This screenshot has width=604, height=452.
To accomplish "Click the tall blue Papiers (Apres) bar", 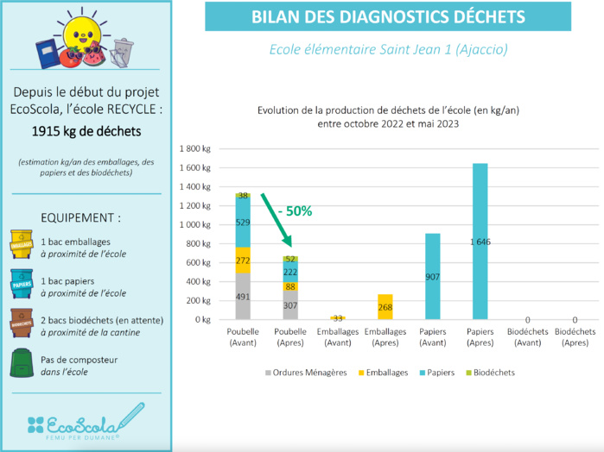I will click(x=480, y=242).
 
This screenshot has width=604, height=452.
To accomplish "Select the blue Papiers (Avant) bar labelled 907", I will click(x=432, y=276).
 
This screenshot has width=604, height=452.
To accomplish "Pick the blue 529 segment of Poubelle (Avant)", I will click(x=243, y=223).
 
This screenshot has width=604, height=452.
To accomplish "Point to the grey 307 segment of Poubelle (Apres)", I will click(x=290, y=304).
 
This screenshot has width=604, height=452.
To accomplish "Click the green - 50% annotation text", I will click(x=296, y=210).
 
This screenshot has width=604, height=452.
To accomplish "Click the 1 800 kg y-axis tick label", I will click(x=194, y=148).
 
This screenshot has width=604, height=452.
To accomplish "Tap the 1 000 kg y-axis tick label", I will click(x=194, y=224).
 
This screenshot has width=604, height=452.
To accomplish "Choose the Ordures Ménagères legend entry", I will click(x=302, y=373).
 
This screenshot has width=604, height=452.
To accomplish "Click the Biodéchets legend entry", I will click(x=490, y=373).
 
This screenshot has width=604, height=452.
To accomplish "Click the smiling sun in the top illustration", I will click(x=79, y=35).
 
